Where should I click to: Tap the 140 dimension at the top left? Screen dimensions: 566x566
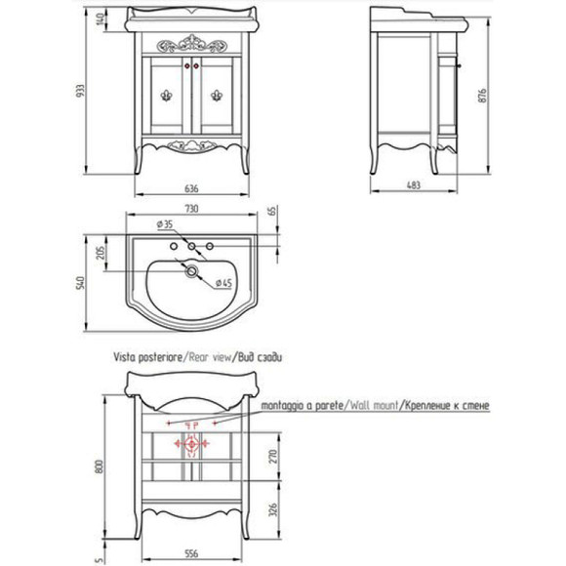tap(101, 19)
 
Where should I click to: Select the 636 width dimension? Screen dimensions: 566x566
tap(191, 188)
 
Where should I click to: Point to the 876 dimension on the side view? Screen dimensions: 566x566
tap(483, 96)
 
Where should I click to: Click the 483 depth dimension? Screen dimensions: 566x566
tap(414, 185)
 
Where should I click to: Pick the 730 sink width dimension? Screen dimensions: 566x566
tap(191, 209)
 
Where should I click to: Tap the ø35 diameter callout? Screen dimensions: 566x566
tap(165, 224)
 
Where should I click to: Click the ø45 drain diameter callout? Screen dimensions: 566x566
tap(223, 283)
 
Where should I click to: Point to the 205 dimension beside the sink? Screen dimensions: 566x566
tap(101, 253)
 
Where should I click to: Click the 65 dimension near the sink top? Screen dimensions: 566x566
tap(273, 211)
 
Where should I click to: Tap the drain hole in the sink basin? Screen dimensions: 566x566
tap(191, 271)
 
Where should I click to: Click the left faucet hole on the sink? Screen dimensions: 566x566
tap(174, 246)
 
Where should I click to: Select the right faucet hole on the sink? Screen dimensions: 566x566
tap(210, 246)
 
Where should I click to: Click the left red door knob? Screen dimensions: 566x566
tap(187, 66)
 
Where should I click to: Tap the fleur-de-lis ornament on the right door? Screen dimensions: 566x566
tap(217, 96)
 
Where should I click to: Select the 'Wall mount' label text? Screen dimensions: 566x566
tap(372, 405)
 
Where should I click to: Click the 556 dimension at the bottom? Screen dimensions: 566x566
tap(191, 553)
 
